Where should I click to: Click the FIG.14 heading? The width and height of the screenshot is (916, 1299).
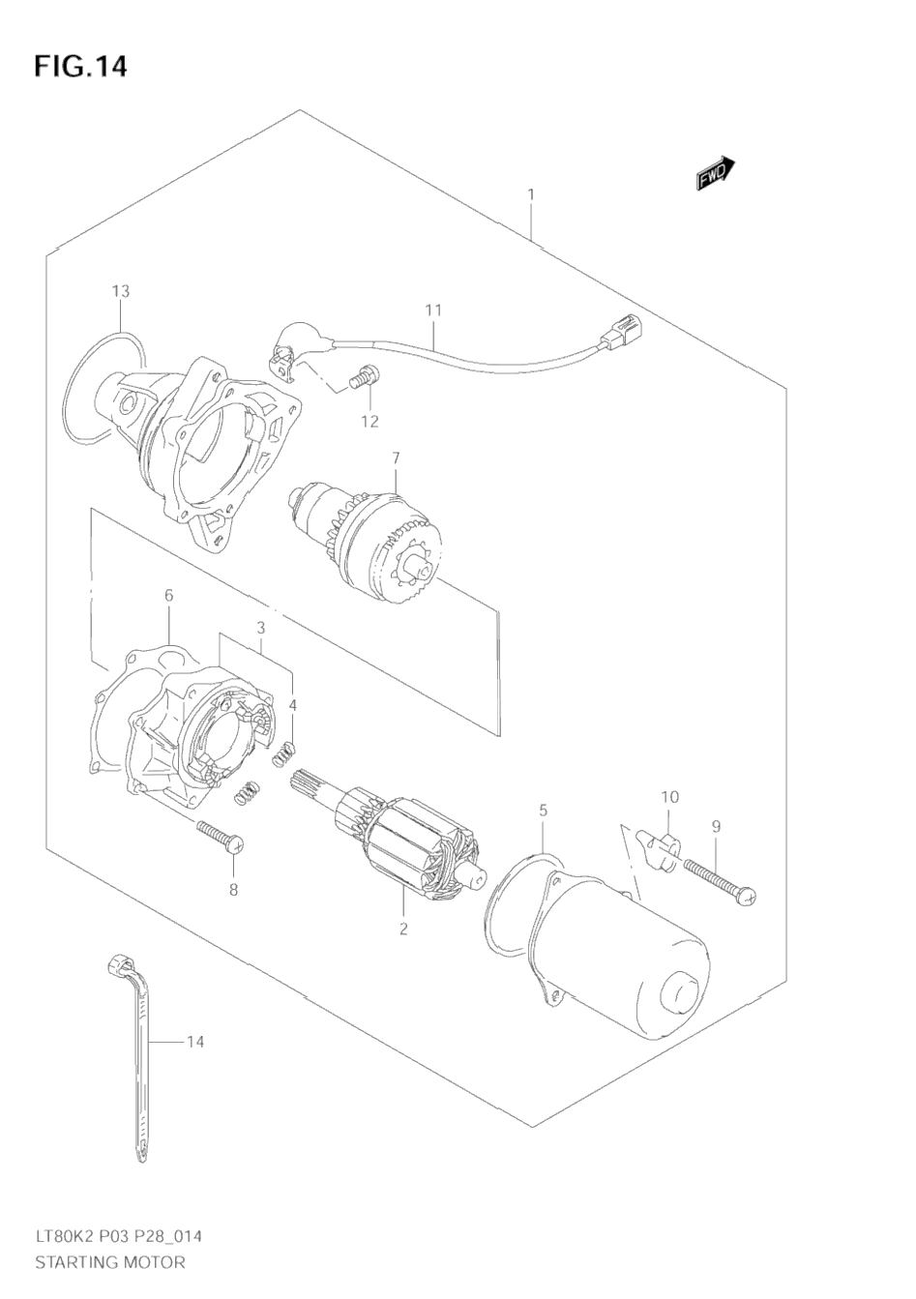coord(80,67)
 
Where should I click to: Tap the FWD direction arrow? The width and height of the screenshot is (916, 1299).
coord(716,173)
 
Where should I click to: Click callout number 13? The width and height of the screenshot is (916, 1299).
coord(121,291)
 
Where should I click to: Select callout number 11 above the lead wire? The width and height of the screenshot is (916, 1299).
coord(433,310)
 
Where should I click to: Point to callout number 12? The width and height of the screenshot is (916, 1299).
coord(369,422)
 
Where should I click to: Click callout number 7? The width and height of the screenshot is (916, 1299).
coord(396,458)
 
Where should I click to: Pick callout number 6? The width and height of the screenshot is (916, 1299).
coord(168,596)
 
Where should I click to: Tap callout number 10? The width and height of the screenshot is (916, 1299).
coord(669,797)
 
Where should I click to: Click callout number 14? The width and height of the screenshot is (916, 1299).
coord(195,1042)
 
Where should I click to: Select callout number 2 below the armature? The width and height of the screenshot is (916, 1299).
coord(403,929)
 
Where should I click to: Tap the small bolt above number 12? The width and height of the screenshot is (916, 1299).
coord(364,376)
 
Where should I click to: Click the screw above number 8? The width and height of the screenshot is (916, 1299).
coord(221,837)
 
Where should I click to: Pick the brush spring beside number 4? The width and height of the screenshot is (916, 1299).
coord(285,754)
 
